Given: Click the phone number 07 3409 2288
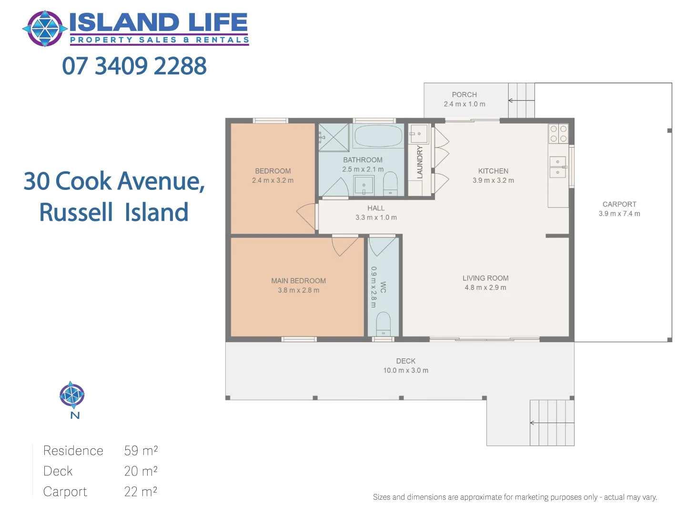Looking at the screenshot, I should pyautogui.click(x=134, y=66).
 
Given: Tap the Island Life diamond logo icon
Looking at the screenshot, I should pyautogui.click(x=45, y=29).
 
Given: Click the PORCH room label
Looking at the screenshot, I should pyautogui.click(x=464, y=95).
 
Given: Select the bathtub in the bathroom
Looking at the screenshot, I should pyautogui.click(x=378, y=136).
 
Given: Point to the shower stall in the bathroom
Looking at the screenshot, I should pyautogui.click(x=333, y=138).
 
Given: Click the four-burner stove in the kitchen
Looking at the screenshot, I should pyautogui.click(x=558, y=134).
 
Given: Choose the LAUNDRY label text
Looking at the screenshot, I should pyautogui.click(x=420, y=162).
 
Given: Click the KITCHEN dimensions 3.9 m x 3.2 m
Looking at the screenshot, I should pyautogui.click(x=493, y=180).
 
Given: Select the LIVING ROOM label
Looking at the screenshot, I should pyautogui.click(x=485, y=278).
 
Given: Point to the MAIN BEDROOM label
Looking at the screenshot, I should pyautogui.click(x=299, y=281).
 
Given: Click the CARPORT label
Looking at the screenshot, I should pyautogui.click(x=619, y=204).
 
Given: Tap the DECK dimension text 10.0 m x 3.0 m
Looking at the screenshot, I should pyautogui.click(x=405, y=370).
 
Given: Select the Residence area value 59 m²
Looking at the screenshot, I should pyautogui.click(x=141, y=450).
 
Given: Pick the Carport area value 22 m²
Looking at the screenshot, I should pyautogui.click(x=141, y=491).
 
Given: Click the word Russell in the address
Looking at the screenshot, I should pyautogui.click(x=76, y=212).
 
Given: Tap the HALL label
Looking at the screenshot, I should pyautogui.click(x=376, y=208).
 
